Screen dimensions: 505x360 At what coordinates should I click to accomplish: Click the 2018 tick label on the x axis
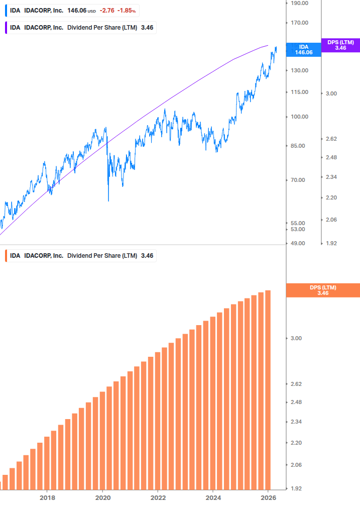47,498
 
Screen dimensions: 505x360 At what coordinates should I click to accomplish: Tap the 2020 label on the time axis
102,498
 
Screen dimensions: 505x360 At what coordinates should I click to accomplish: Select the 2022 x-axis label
158,498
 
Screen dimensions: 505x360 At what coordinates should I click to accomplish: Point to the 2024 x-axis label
213,498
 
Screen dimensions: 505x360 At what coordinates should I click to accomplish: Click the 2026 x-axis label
269,498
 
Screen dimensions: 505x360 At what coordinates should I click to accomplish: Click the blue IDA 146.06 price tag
303,49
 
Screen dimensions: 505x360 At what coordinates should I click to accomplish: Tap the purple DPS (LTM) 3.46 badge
340,45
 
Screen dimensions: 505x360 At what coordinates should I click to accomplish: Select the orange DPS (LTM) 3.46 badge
322,290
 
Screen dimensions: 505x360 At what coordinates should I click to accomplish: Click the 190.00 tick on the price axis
300,3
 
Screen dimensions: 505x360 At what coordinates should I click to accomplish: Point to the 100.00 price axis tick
300,117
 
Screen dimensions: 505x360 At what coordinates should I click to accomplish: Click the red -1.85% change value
127,10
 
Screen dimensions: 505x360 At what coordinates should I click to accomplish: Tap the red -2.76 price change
106,10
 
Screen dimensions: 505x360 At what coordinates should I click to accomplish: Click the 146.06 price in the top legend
77,10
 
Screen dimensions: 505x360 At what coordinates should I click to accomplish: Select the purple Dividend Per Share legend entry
80,28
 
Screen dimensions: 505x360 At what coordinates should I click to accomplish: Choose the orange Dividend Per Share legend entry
80,256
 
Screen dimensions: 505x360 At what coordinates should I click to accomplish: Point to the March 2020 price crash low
108,200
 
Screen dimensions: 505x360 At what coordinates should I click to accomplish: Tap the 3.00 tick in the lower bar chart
296,338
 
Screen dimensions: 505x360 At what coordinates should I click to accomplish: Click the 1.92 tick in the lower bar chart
296,488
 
